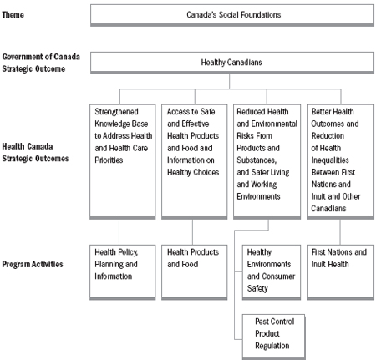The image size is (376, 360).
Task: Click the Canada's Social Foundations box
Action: (x=233, y=14)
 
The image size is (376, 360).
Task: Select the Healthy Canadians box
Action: (x=233, y=62)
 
